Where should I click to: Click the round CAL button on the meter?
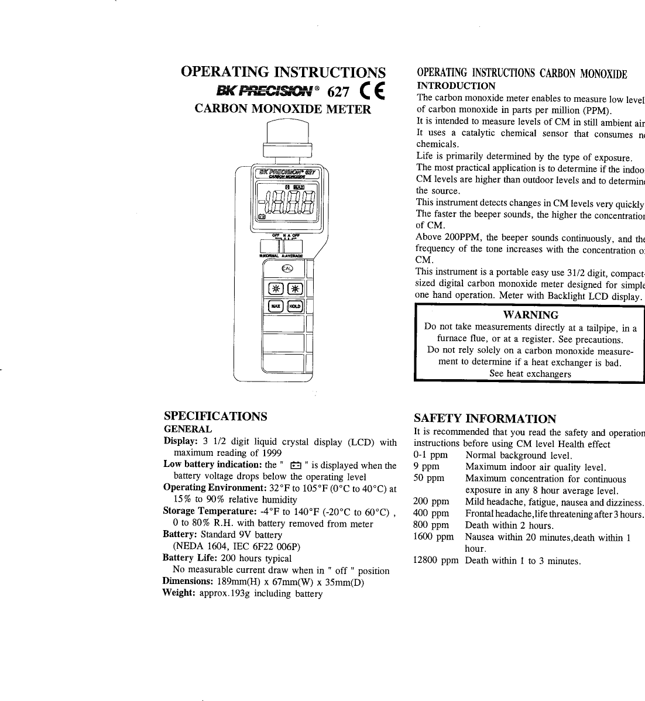coord(287,268)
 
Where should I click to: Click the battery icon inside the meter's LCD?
coord(262,216)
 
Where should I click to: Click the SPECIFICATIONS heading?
coord(215,416)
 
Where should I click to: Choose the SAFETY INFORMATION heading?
coord(485,418)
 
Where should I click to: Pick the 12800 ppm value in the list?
coord(435,561)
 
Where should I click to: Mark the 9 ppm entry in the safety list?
coord(426,466)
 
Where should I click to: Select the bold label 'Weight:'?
coord(179,593)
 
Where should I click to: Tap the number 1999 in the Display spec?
coord(271,453)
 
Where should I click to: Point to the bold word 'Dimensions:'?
coord(187,581)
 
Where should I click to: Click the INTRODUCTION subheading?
coord(455,86)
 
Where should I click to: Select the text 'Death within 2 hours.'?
coord(501,525)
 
